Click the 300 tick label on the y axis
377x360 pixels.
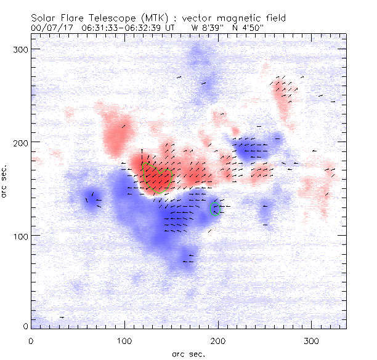coord(20,49)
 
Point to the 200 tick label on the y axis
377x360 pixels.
coord(20,142)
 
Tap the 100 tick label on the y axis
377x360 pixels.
coord(20,236)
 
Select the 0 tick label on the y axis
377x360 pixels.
coord(25,326)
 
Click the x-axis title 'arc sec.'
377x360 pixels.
coord(188,354)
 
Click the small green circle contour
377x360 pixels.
coord(216,208)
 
